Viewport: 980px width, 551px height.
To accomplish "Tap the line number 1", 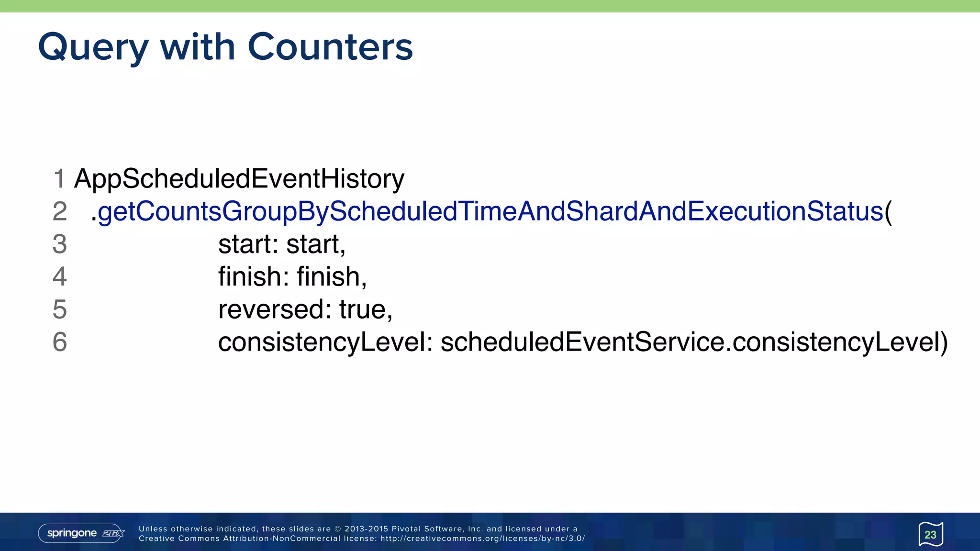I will (x=59, y=179).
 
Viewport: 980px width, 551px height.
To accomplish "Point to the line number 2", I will (x=59, y=211).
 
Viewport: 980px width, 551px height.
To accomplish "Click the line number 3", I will (x=59, y=244).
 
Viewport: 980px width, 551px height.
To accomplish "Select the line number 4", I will (x=59, y=276).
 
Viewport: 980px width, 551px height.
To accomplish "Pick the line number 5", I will (x=59, y=309).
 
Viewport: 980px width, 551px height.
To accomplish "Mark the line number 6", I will (x=59, y=342).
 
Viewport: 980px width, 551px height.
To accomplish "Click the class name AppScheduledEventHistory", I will (x=239, y=179).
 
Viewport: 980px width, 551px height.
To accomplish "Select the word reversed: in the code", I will (x=275, y=309).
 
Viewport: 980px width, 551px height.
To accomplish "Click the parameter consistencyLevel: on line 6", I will (x=325, y=342).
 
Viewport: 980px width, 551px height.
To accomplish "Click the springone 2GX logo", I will (x=81, y=533).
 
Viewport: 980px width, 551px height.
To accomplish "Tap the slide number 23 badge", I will (x=930, y=534).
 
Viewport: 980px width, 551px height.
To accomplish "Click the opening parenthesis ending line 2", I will (x=888, y=211).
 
